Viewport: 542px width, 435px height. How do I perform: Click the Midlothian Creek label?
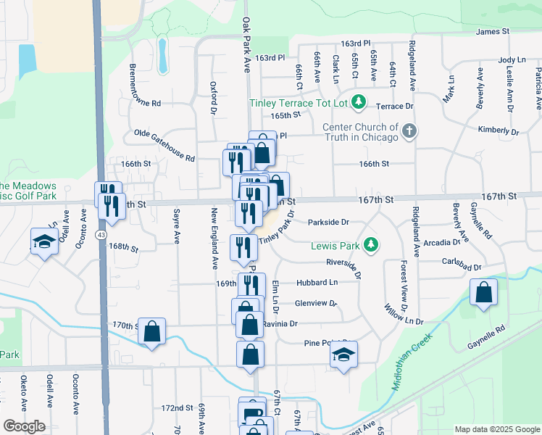click(414, 360)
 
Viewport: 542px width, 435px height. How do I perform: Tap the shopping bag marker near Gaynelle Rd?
click(483, 293)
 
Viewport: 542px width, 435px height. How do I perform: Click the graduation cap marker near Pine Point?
click(343, 354)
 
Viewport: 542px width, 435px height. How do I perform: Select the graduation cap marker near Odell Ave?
click(44, 241)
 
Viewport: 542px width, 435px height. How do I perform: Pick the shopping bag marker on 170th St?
click(152, 331)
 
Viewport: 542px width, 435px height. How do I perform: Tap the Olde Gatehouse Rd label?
click(164, 145)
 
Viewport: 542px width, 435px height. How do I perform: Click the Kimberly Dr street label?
click(498, 130)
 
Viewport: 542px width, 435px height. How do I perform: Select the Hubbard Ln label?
click(317, 283)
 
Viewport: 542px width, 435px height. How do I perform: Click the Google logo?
click(25, 426)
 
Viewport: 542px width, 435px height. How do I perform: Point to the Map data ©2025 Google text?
click(496, 429)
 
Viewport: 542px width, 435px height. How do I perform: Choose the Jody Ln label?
click(512, 60)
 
